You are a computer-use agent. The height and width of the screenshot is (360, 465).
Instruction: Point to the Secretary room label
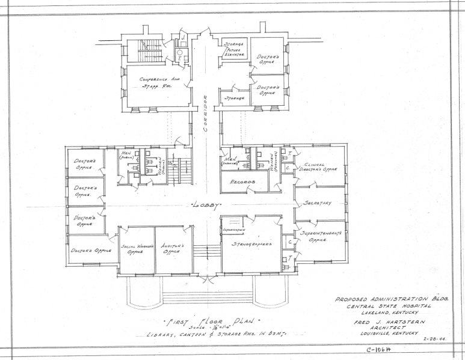pyautogui.click(x=318, y=203)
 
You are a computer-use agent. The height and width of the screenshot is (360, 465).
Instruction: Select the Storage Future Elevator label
pyautogui.click(x=234, y=50)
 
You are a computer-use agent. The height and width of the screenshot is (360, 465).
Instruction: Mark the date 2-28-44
pyautogui.click(x=434, y=339)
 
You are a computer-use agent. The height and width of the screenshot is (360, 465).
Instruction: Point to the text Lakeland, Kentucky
pyautogui.click(x=390, y=313)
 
